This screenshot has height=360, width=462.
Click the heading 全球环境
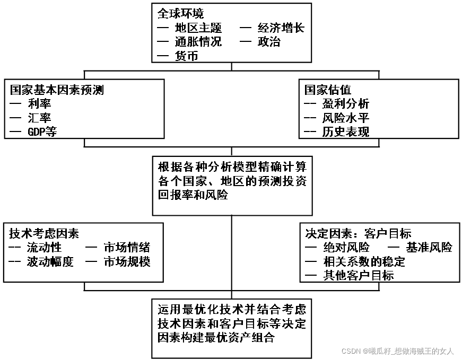[181, 14]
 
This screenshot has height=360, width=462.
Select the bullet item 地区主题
[198, 28]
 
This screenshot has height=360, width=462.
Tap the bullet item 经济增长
[281, 28]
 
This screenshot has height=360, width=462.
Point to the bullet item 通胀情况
[198, 42]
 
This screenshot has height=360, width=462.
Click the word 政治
[269, 42]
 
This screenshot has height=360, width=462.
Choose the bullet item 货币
[186, 56]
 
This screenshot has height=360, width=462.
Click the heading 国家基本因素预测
[57, 90]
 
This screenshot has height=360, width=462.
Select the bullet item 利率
[40, 104]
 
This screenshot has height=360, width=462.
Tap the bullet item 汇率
[40, 118]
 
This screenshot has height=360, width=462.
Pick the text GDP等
[42, 132]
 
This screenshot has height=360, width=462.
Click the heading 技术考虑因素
[44, 234]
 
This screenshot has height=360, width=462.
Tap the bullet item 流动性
[45, 248]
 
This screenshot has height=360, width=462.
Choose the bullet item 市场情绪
[127, 248]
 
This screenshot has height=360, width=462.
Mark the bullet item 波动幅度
[50, 261]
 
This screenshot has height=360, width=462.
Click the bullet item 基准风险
[429, 248]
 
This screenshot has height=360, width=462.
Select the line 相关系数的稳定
[364, 261]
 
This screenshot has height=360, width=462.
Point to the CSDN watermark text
[397, 352]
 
